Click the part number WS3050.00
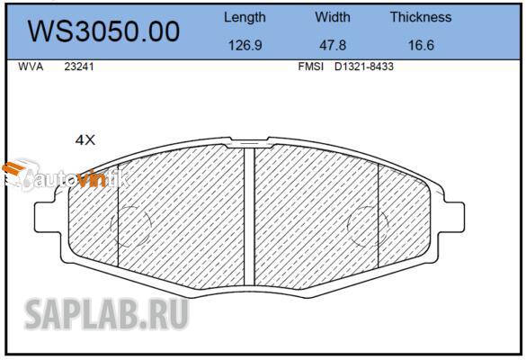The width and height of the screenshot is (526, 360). (103, 31)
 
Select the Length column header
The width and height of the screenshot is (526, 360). (245, 17)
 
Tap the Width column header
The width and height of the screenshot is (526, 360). (333, 17)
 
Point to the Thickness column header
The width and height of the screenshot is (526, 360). (421, 17)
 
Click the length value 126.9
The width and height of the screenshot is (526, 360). (245, 45)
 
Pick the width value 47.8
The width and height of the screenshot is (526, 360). (333, 45)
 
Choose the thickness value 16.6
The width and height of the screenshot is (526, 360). (421, 45)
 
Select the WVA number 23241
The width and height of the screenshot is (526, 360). (78, 67)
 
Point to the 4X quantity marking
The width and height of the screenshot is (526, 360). (85, 139)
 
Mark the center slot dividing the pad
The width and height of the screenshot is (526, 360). (250, 216)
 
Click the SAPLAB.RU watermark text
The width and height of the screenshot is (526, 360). (106, 315)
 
